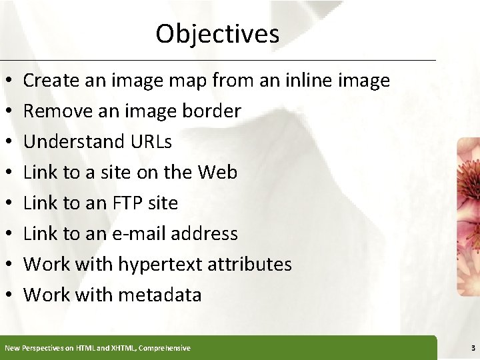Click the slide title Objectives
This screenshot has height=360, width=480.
point(217,33)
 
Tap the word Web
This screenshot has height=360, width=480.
point(217,173)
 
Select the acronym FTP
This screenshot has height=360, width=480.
point(133,203)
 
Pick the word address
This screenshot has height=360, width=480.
point(205,233)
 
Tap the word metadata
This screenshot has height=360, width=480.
point(160,295)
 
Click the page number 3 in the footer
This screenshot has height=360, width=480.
point(473,348)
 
